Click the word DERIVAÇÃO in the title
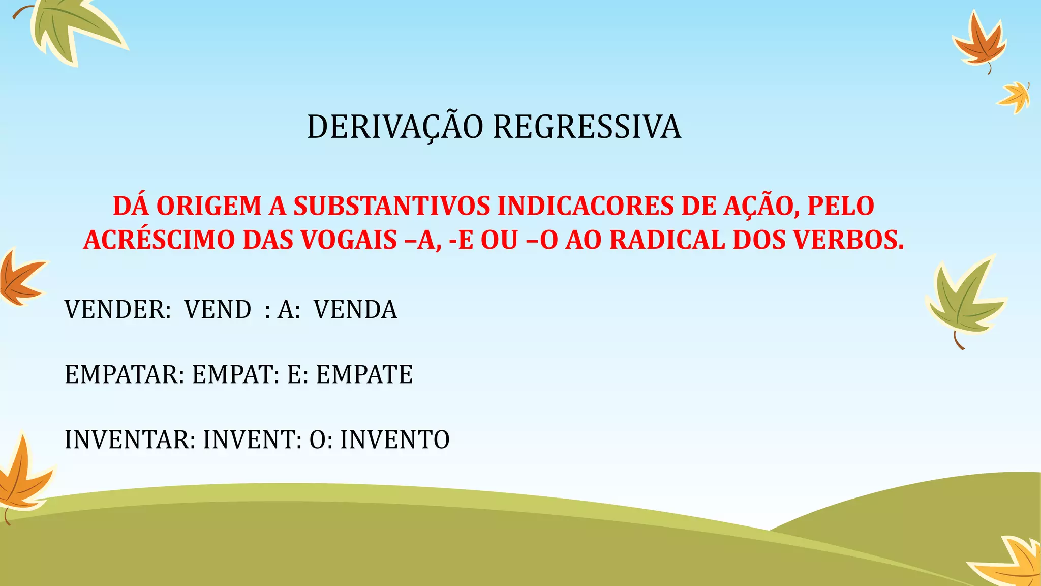[395, 127]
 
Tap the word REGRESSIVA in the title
[587, 127]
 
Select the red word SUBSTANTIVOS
[391, 206]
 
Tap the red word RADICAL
[667, 240]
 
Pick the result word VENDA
[355, 309]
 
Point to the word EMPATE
[364, 374]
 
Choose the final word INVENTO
[395, 439]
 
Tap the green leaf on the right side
[963, 303]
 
